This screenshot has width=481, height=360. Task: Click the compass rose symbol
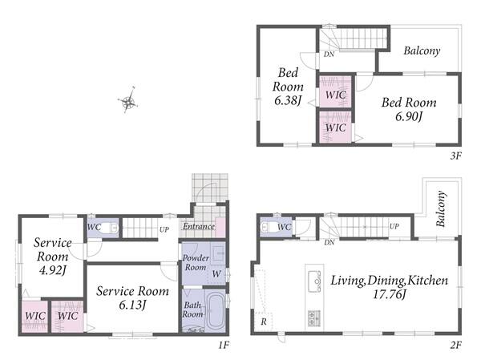coord(128,100)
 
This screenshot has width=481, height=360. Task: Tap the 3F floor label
coord(456,156)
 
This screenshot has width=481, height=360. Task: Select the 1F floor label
coord(224,346)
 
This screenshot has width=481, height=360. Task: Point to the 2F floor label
coord(456,346)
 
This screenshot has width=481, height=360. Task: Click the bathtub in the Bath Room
coord(216,311)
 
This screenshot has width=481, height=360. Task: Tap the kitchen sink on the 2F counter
coord(314,281)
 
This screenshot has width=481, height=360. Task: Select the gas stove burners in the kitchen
coord(313,318)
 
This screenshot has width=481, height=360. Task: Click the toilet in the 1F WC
coord(109,228)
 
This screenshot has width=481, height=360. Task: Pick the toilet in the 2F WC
coord(268,228)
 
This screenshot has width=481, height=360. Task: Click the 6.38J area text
coord(288,101)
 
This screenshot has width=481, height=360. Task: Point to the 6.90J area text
coord(409,116)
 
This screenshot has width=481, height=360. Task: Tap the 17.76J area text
coord(390,294)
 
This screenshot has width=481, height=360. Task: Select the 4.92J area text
coord(52,270)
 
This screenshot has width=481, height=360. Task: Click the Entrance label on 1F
coord(199,226)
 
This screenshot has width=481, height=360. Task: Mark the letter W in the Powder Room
coord(216,273)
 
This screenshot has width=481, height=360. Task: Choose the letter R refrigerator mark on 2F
coord(264,322)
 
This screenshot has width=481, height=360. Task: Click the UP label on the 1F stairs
coord(164,229)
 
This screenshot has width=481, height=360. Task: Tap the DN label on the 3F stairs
coord(329,55)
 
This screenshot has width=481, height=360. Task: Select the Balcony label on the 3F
coord(422,51)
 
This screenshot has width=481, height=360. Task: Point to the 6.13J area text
coord(132,305)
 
